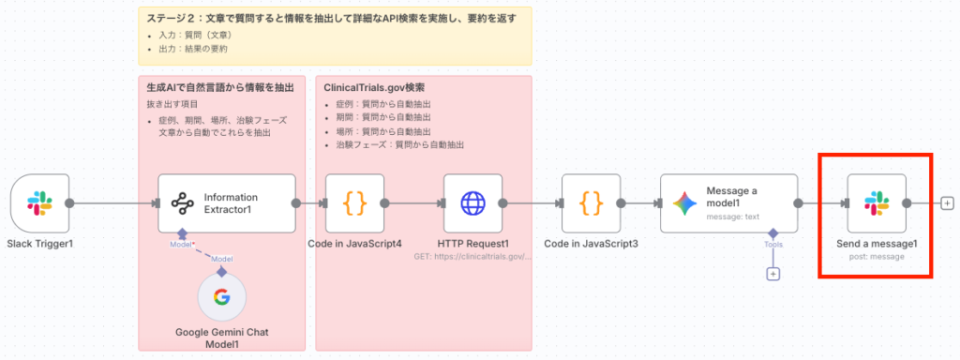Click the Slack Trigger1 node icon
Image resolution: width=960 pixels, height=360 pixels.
(x=40, y=202)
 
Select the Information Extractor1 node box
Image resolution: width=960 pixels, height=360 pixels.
(x=226, y=202)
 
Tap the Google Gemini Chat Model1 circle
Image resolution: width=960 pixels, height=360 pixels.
(x=221, y=298)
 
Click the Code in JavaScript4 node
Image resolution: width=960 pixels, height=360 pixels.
(x=354, y=202)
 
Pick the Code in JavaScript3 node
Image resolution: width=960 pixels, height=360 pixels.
(x=591, y=202)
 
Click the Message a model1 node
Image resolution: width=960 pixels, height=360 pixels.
(x=728, y=202)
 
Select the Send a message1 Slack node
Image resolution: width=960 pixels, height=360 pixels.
(x=876, y=202)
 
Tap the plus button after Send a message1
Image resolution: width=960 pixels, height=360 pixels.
(x=948, y=202)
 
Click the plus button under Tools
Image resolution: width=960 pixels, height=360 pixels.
(x=773, y=275)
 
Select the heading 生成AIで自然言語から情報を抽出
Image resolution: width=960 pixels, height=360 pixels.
(x=220, y=88)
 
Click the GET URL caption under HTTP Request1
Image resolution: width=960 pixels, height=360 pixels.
(x=472, y=255)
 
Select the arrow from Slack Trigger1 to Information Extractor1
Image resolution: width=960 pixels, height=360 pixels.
(x=112, y=202)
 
